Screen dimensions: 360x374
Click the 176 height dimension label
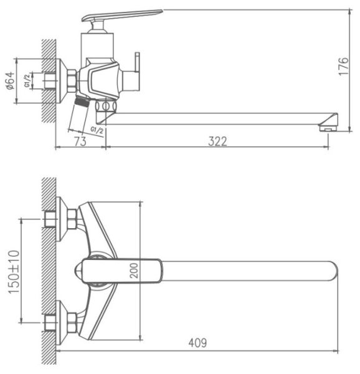pyautogui.click(x=343, y=66)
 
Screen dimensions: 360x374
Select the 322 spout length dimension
pyautogui.click(x=217, y=141)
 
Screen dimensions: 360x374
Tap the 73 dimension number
pyautogui.click(x=80, y=141)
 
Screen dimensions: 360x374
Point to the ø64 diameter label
pyautogui.click(x=11, y=80)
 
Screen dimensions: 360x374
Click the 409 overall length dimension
pyautogui.click(x=197, y=343)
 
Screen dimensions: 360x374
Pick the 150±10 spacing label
pyautogui.click(x=14, y=272)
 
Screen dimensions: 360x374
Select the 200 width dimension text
pyautogui.click(x=134, y=271)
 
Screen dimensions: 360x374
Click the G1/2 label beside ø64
pyautogui.click(x=27, y=80)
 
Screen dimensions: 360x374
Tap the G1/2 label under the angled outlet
pyautogui.click(x=97, y=130)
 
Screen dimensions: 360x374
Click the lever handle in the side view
pyautogui.click(x=121, y=15)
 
